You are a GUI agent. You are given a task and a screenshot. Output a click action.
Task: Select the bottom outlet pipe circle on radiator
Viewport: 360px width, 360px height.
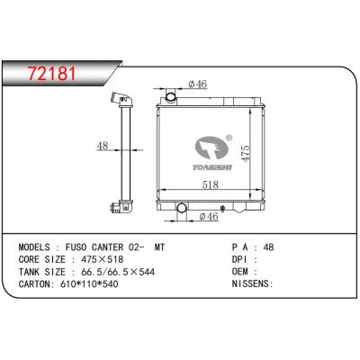point(182,211)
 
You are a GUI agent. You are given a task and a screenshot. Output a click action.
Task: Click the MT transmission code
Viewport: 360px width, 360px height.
point(160,246)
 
